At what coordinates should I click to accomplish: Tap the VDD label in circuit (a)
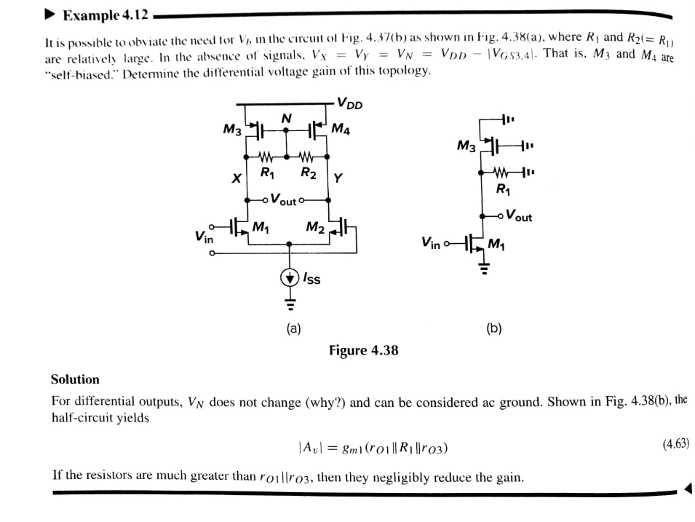click(349, 103)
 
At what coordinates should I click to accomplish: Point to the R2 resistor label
click(309, 173)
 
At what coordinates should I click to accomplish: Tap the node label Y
click(339, 178)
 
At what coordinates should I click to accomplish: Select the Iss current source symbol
click(290, 277)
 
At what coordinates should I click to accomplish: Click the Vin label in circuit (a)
click(204, 237)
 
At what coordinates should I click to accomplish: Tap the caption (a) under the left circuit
click(293, 328)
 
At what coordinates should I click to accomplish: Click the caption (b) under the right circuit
click(494, 328)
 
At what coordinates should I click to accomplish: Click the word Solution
click(75, 379)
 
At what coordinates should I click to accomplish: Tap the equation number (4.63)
click(670, 443)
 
